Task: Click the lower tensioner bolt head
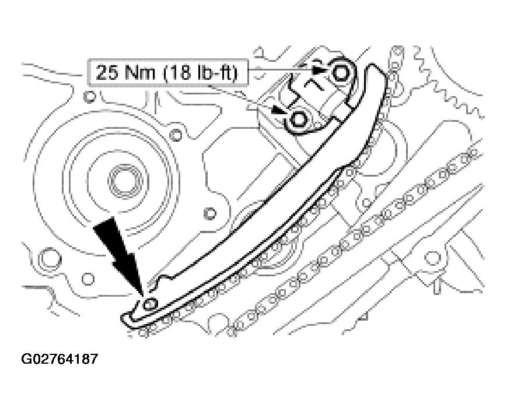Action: point(298,118)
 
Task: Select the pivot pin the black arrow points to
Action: point(151,304)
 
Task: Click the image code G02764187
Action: point(60,358)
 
